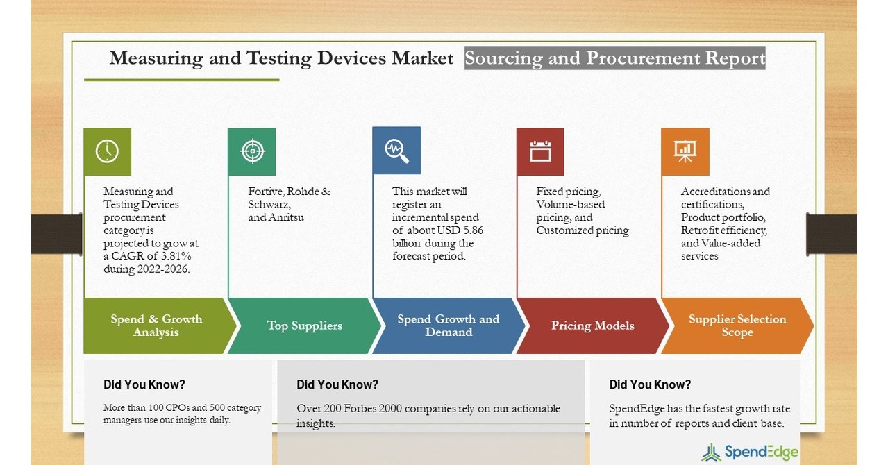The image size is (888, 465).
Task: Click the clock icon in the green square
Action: point(107,151)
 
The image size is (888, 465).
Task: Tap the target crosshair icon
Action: point(252,151)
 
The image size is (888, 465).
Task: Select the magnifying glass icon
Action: point(396,151)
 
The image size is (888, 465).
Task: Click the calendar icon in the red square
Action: point(540,151)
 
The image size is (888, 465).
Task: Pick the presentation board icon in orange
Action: point(685,151)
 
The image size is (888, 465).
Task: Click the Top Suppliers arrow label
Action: point(305,325)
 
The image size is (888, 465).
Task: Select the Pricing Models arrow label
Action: point(592,325)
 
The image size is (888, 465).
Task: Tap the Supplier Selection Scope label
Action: point(737,325)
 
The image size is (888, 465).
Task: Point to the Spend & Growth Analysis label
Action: point(156,325)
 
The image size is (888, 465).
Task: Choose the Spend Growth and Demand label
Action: point(449,325)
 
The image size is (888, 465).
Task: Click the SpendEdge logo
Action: point(751,453)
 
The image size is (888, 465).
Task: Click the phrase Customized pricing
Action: point(583,230)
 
